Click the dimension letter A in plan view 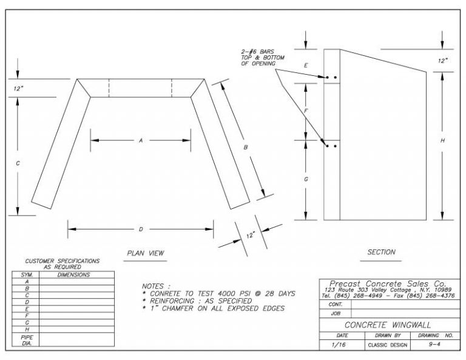[x=140, y=140]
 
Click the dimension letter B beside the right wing [x=246, y=148]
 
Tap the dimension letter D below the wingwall [x=141, y=229]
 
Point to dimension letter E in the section [x=306, y=64]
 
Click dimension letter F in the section [x=306, y=111]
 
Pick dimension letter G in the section [x=306, y=179]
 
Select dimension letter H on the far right [x=443, y=140]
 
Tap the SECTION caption [x=381, y=252]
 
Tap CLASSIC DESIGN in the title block [x=383, y=345]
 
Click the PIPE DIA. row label [x=26, y=339]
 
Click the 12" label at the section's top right [x=443, y=61]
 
